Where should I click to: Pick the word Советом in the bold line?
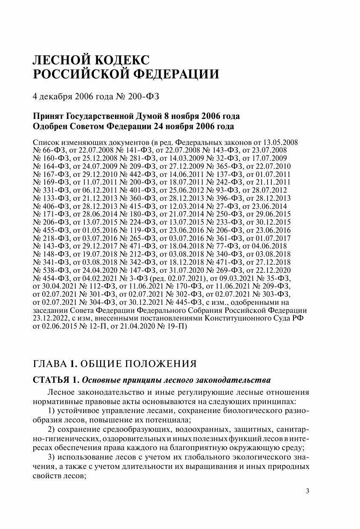tap(93, 127)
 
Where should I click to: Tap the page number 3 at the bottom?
tap(308, 491)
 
